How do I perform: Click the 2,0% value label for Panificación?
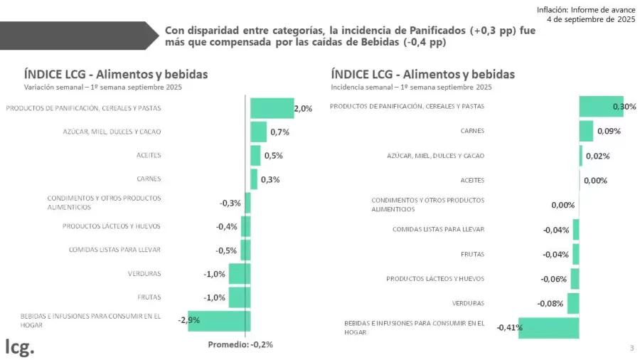303,109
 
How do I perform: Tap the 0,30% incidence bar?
601,107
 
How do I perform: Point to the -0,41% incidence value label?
509,327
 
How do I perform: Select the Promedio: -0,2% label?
240,344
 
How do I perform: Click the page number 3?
631,348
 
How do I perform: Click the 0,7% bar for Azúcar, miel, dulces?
258,132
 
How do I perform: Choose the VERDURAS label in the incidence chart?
468,303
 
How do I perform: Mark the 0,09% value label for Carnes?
608,132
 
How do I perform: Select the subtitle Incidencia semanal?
411,87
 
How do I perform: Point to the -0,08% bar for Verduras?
573,303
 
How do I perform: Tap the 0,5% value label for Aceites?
273,156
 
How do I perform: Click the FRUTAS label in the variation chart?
149,297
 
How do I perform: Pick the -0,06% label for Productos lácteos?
553,279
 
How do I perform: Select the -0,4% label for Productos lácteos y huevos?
227,226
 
